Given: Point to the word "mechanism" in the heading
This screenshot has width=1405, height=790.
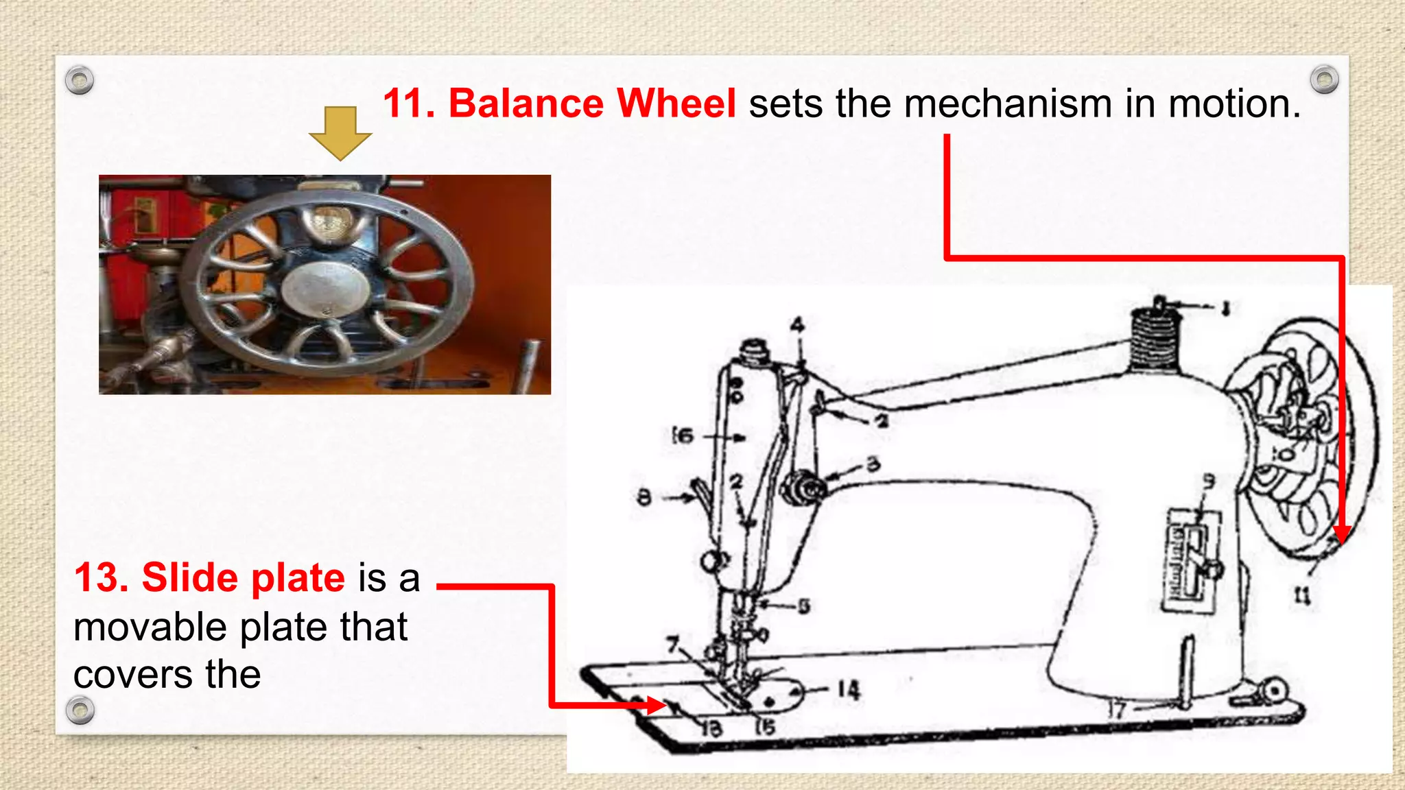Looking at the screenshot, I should click(x=1007, y=104).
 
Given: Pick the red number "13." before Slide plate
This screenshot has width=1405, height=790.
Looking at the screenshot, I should click(x=102, y=577).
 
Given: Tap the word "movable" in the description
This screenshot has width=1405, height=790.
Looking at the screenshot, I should click(x=150, y=627).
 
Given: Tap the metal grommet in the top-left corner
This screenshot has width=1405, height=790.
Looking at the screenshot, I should click(x=80, y=80).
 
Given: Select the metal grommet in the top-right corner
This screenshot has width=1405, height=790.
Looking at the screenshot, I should click(x=1324, y=80).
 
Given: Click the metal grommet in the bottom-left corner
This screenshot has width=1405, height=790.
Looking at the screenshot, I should click(x=80, y=710).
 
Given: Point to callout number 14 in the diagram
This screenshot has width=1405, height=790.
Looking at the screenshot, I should click(x=848, y=689).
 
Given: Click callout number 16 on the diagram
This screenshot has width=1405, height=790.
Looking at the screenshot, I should click(x=683, y=435).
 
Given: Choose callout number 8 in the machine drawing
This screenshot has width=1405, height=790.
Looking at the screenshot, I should click(x=644, y=496).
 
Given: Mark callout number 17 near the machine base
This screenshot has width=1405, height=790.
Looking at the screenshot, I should click(x=1118, y=709).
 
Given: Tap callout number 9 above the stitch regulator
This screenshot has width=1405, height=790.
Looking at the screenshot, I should click(x=1208, y=482).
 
